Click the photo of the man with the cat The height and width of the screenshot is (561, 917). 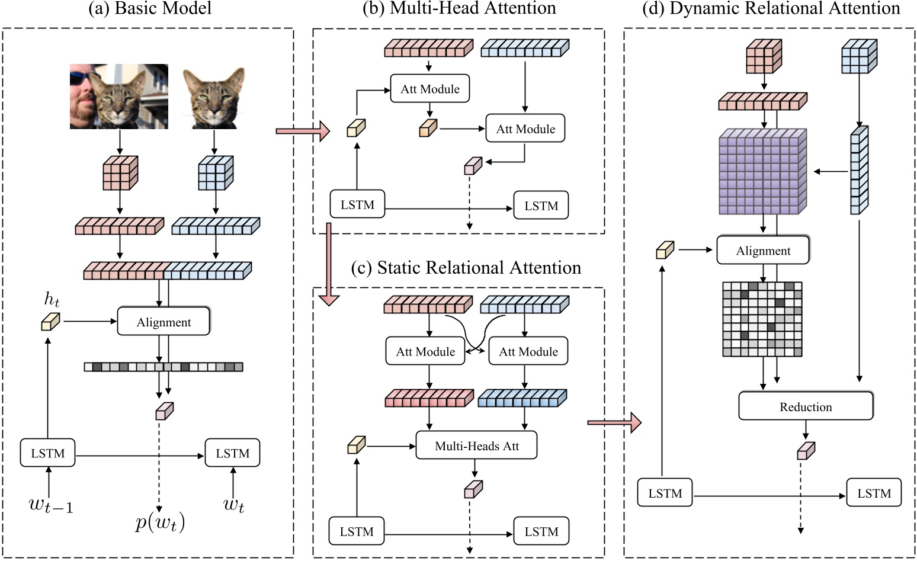tap(118, 97)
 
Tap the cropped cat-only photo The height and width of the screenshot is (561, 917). tap(214, 98)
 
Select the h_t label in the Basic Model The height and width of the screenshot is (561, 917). tap(52, 300)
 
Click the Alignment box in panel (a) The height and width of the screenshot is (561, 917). tap(163, 322)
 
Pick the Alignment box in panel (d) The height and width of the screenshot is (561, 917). tap(762, 251)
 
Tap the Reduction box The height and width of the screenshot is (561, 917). tap(806, 406)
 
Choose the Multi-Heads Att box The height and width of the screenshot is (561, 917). tap(476, 445)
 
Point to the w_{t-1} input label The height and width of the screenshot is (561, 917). tap(51, 505)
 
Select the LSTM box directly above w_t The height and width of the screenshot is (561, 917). tap(232, 453)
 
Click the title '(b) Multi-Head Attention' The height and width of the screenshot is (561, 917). tap(459, 8)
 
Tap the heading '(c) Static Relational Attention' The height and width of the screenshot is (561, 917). tap(466, 268)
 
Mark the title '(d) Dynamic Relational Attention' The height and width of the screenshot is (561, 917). tap(771, 8)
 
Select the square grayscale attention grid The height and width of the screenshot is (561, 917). tap(762, 319)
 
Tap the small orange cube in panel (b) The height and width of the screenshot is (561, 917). tap(428, 129)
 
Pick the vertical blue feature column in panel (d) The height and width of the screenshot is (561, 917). tap(859, 170)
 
